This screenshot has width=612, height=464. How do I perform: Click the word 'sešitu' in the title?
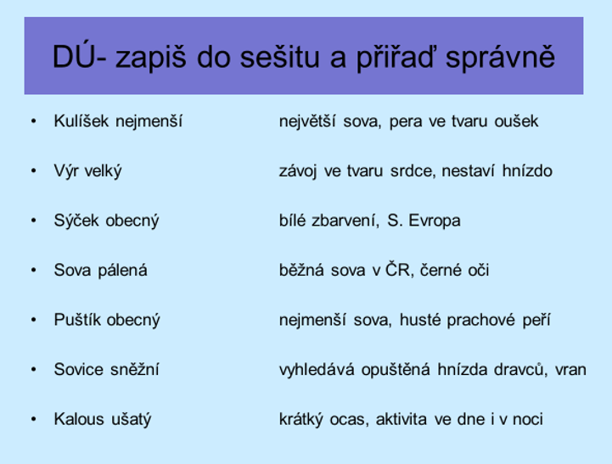point(279,57)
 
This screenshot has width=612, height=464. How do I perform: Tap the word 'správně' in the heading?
point(500,58)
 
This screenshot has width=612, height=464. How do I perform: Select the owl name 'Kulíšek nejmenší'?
point(118,121)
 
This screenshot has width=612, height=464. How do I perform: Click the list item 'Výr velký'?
point(87,171)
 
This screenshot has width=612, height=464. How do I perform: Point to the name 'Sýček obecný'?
point(107,221)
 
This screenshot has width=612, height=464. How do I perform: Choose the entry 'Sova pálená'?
point(101,271)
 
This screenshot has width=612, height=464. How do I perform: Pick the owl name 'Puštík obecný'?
point(107,320)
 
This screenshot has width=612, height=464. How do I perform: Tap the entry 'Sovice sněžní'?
point(107,369)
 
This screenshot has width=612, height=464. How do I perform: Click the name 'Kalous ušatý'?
point(103,420)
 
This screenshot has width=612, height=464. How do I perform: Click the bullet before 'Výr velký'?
point(34,171)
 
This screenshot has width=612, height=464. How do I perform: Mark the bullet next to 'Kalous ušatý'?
point(34,419)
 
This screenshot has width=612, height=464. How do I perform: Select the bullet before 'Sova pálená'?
point(34,271)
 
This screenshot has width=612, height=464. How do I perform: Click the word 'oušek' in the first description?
point(516,121)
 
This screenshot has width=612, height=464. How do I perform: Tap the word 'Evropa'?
point(435,221)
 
